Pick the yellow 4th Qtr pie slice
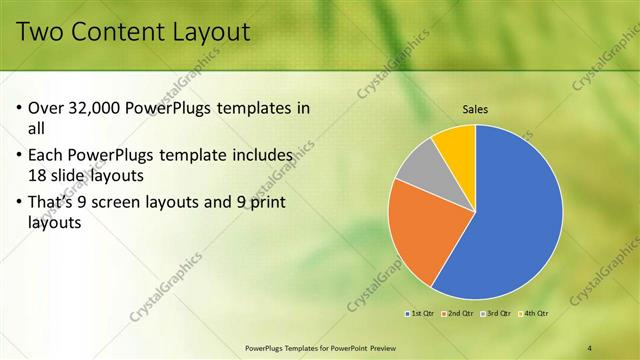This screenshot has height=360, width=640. pyautogui.click(x=456, y=140)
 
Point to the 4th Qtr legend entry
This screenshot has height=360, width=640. pyautogui.click(x=534, y=314)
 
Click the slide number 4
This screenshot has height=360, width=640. pyautogui.click(x=590, y=348)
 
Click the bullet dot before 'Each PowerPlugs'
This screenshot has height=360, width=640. pyautogui.click(x=21, y=156)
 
